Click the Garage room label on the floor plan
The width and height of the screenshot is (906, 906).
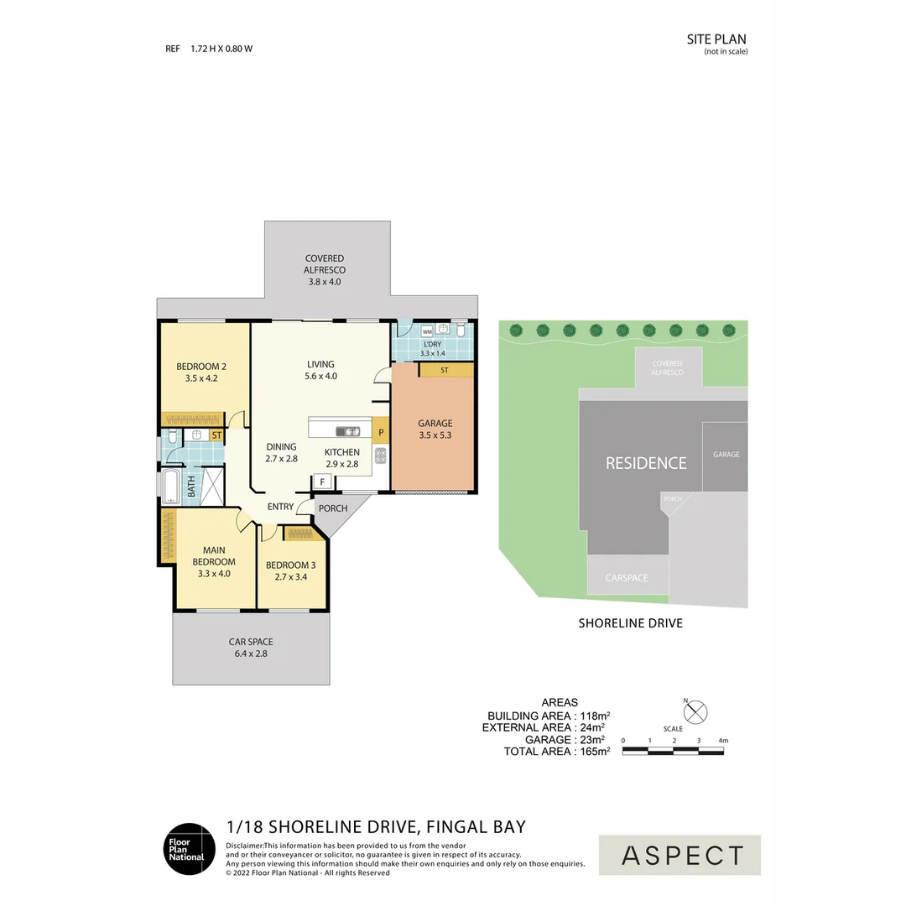point(435,424)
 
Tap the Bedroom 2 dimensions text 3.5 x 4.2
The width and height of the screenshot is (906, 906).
point(201,378)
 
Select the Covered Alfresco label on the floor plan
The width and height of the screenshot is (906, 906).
point(325,258)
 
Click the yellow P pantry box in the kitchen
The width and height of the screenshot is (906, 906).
point(381,434)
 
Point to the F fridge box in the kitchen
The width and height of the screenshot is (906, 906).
point(321,482)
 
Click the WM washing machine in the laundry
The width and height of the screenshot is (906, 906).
point(426,331)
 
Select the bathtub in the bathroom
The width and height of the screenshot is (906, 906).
point(171,487)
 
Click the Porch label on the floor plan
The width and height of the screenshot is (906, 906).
point(334,508)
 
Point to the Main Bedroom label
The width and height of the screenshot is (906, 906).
point(214,555)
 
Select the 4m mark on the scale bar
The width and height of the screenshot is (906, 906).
point(723,741)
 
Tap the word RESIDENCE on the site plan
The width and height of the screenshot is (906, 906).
point(646,463)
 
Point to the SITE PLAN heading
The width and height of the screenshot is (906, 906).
point(716,39)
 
